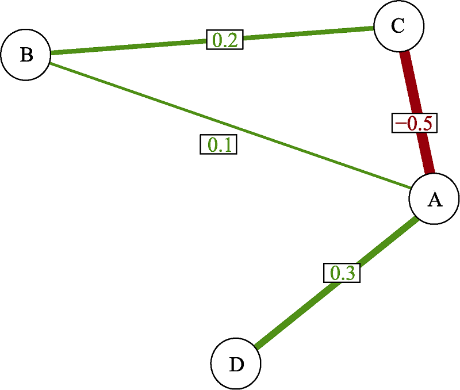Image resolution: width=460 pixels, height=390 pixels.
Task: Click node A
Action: click(x=434, y=199)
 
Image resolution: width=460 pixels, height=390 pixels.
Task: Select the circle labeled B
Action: click(x=26, y=55)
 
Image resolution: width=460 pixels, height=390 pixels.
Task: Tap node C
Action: click(x=398, y=26)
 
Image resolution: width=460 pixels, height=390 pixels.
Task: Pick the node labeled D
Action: click(x=236, y=364)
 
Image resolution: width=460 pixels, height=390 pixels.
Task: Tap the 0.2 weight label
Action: click(x=225, y=40)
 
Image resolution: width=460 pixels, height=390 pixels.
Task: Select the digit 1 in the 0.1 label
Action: click(x=226, y=145)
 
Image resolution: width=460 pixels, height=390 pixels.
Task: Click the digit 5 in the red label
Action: click(x=426, y=123)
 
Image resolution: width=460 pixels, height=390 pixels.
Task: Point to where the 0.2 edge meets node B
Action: click(x=51, y=53)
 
